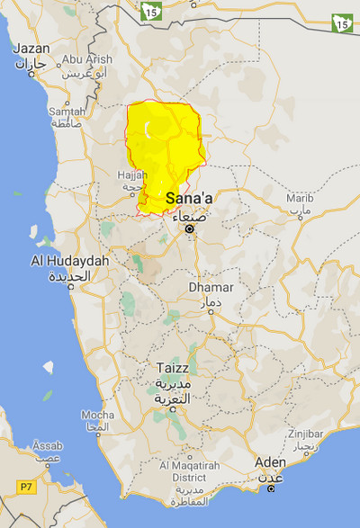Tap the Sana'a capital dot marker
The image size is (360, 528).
click(189, 229)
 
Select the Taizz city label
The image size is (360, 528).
click(168, 372)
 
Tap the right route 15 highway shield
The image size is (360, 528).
click(342, 23)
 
